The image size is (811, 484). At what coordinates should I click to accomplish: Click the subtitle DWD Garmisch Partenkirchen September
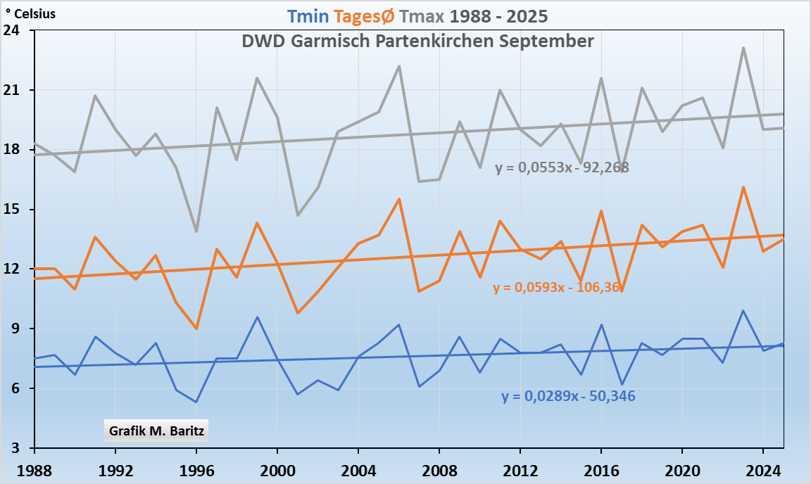pyautogui.click(x=417, y=41)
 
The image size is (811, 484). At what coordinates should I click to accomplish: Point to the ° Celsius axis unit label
pyautogui.click(x=30, y=13)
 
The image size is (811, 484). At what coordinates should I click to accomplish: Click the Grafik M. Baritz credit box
pyautogui.click(x=156, y=431)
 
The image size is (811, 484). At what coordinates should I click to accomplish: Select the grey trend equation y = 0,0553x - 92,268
pyautogui.click(x=561, y=167)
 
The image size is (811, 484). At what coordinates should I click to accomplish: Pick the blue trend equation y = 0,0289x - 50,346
pyautogui.click(x=568, y=396)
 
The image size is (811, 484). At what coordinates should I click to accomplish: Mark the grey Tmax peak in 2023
pyautogui.click(x=743, y=48)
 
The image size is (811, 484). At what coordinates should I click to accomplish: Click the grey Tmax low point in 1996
pyautogui.click(x=196, y=231)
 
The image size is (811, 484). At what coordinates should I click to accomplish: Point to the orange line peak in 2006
pyautogui.click(x=399, y=199)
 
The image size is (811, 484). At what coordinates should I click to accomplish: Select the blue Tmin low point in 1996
pyautogui.click(x=196, y=402)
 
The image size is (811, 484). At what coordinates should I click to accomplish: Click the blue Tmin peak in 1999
pyautogui.click(x=258, y=317)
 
